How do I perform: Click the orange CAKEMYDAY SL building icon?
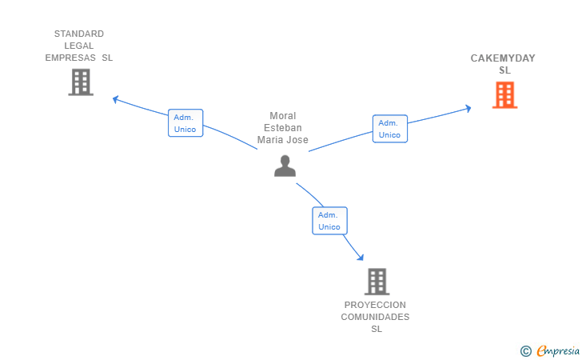click(x=504, y=95)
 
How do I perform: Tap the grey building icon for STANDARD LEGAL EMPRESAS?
click(x=81, y=82)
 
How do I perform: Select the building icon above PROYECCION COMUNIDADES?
click(x=377, y=282)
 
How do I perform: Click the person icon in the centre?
click(x=285, y=166)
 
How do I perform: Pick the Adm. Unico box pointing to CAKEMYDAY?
click(x=390, y=129)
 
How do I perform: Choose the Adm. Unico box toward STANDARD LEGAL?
click(x=185, y=123)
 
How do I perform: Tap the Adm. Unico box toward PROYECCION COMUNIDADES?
click(x=329, y=221)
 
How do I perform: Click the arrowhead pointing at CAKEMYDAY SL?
click(x=468, y=109)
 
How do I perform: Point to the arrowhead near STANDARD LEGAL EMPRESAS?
click(x=115, y=99)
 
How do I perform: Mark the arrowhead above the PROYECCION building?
click(x=360, y=257)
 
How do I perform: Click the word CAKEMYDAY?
click(x=503, y=58)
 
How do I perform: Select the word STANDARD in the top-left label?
click(x=79, y=34)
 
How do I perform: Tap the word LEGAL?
click(x=79, y=46)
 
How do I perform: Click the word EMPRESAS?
click(x=70, y=58)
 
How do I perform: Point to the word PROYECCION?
click(x=375, y=305)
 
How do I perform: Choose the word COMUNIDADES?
click(x=375, y=317)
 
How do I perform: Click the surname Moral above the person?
click(x=283, y=116)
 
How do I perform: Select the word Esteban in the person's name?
click(x=283, y=128)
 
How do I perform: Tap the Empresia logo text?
click(x=558, y=351)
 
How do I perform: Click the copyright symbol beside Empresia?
click(x=526, y=351)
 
